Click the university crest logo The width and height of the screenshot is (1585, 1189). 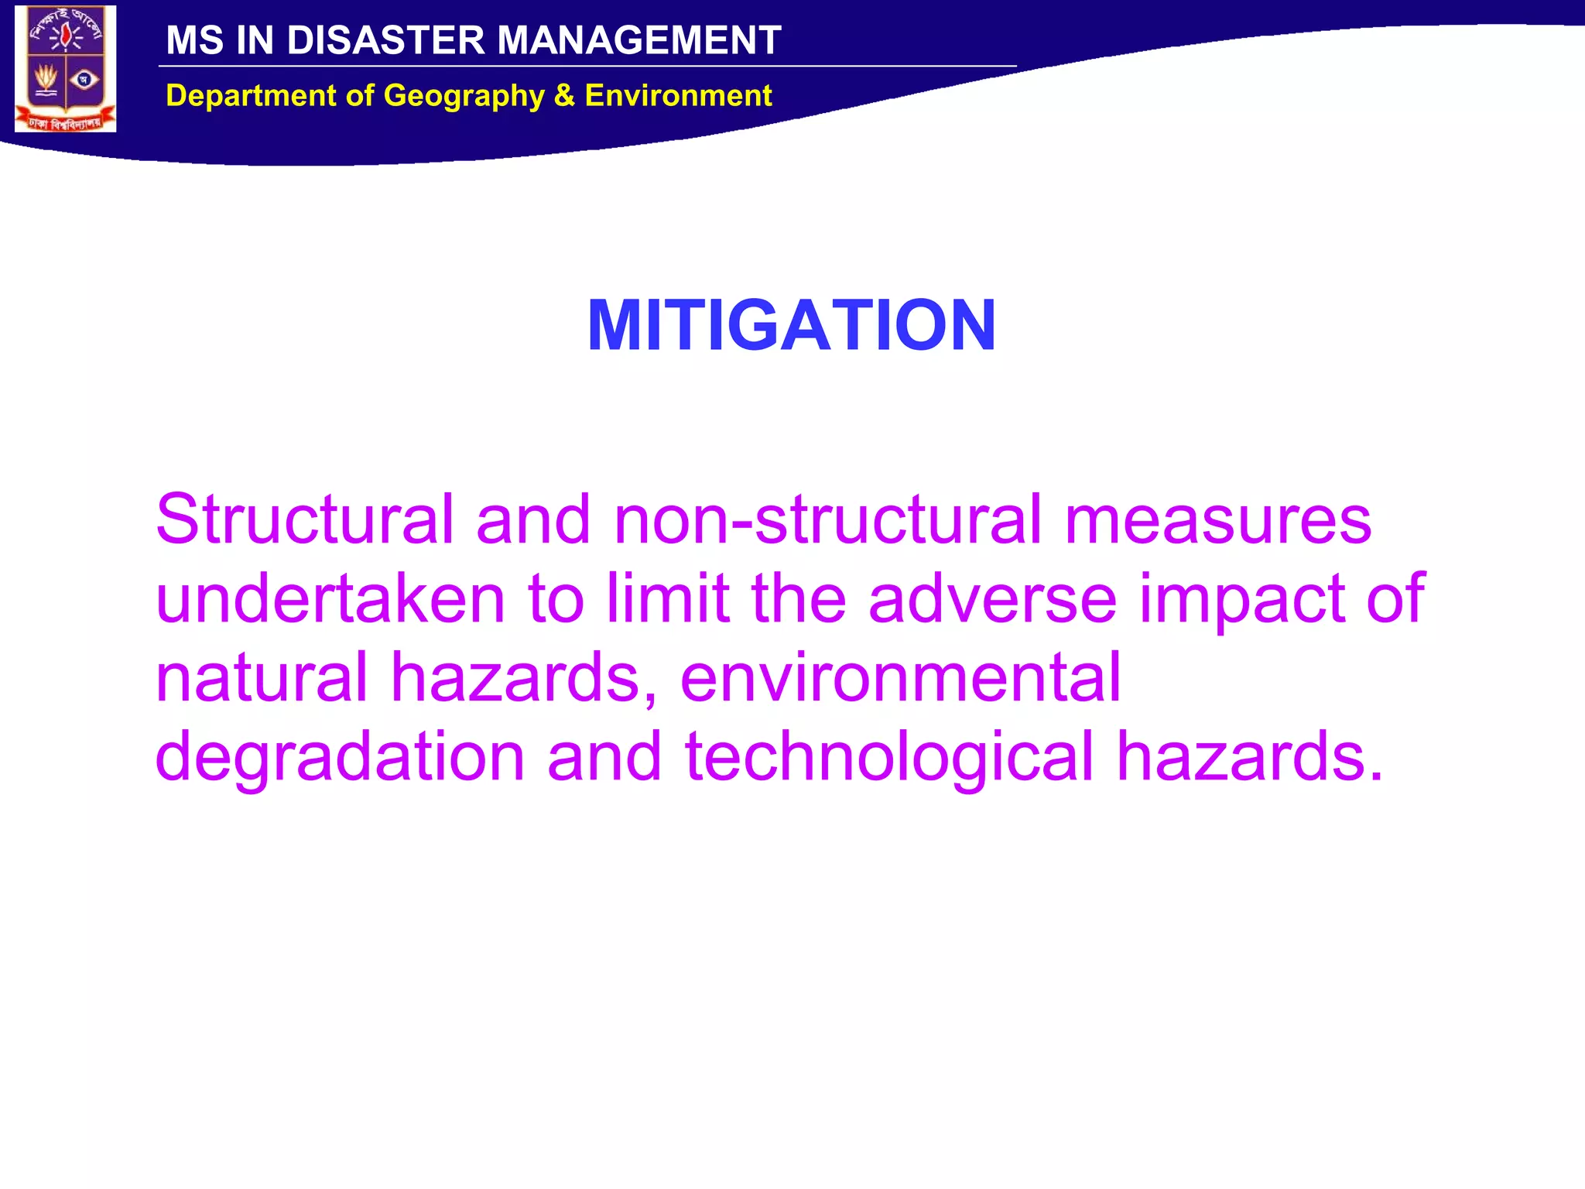[x=66, y=68]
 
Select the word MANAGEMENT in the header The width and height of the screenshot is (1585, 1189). [x=638, y=40]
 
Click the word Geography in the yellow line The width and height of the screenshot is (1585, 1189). [x=464, y=96]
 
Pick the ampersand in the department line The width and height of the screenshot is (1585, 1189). [x=564, y=96]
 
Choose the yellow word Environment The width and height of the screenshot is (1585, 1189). [x=678, y=96]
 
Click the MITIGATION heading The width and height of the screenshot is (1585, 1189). [x=791, y=325]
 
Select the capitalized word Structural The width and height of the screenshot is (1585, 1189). [x=304, y=519]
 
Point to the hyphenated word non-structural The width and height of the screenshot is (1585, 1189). [x=828, y=519]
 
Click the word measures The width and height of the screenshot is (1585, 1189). [x=1217, y=519]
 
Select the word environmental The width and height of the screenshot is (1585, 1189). [x=900, y=677]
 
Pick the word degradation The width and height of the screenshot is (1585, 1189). [x=340, y=757]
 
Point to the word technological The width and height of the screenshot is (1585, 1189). [x=888, y=757]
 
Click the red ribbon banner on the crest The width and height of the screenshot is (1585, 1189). [x=65, y=122]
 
